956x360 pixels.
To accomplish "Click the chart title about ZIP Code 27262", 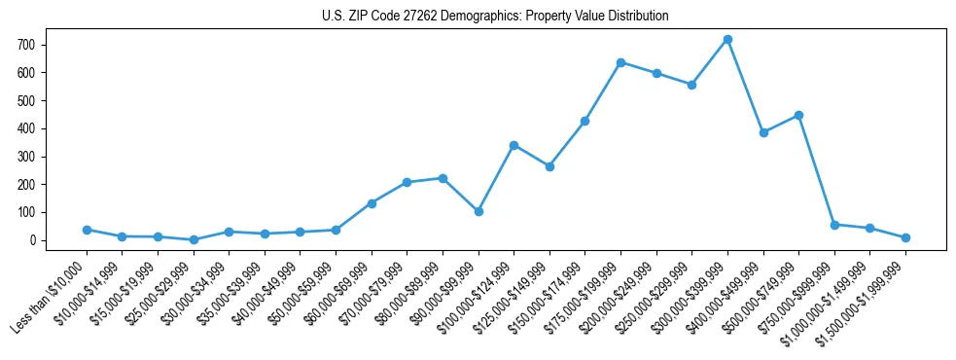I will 495,17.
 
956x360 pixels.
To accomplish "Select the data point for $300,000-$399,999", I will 727,40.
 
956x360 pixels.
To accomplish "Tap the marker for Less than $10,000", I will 87,230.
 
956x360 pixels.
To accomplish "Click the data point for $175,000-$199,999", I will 620,62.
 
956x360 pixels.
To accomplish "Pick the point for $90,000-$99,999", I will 478,211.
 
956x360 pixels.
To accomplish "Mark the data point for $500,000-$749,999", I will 798,115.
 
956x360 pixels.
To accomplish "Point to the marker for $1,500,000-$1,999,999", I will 905,237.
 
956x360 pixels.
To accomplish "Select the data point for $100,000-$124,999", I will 513,145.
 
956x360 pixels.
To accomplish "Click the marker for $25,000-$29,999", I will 194,239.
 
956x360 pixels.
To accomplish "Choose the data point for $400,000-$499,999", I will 763,132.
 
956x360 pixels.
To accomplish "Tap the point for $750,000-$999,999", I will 834,225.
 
